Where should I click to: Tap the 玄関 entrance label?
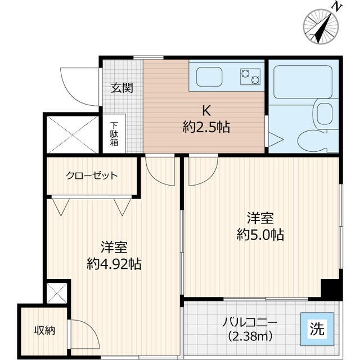pos(121,88)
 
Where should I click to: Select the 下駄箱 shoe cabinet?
pos(114,134)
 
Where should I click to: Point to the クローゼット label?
pos(92,175)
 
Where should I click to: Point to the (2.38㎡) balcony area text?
pos(250,337)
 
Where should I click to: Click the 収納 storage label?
pos(43,331)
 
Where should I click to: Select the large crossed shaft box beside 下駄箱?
pos(72,134)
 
